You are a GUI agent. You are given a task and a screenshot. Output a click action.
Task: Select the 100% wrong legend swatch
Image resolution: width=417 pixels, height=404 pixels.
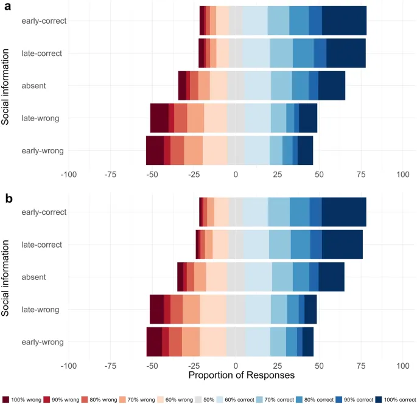(x=6, y=399)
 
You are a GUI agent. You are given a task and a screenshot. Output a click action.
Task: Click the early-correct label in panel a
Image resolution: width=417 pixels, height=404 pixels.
(x=44, y=21)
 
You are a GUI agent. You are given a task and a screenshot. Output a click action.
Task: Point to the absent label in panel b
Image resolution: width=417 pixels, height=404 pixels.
(x=49, y=277)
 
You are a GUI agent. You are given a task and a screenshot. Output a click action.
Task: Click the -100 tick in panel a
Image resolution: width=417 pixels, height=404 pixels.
(x=68, y=174)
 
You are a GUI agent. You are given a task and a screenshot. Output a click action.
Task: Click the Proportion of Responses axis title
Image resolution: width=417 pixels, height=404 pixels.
(x=242, y=375)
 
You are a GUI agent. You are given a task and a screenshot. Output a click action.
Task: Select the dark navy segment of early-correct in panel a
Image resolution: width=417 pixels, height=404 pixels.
(x=344, y=21)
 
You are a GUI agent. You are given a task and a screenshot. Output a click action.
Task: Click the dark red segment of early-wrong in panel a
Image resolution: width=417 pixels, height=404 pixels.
(x=155, y=150)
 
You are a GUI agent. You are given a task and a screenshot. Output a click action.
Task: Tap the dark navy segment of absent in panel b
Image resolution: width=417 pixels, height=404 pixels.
(x=331, y=277)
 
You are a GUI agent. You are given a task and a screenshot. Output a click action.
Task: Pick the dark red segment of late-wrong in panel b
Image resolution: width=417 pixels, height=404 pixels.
(x=156, y=309)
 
